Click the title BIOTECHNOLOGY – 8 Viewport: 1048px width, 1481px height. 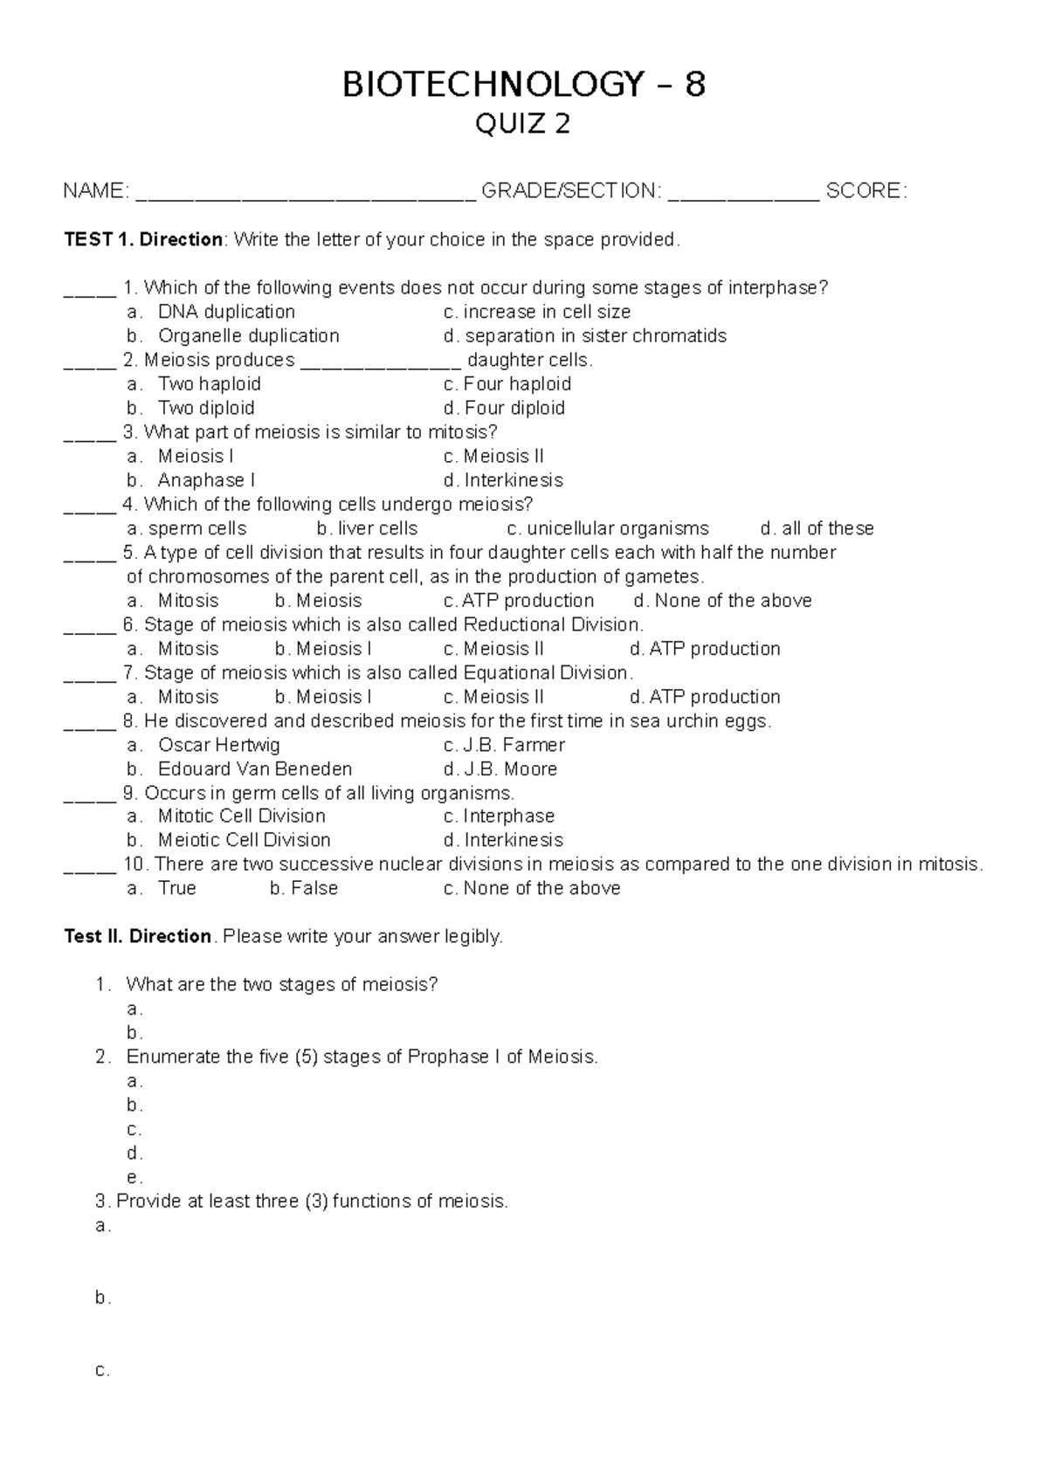523,85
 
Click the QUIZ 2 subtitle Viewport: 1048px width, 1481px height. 522,125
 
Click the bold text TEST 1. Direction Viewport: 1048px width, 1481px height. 143,239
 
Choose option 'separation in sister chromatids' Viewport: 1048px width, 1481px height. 595,336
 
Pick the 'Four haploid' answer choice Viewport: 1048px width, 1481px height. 517,384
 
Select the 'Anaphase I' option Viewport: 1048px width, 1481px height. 206,480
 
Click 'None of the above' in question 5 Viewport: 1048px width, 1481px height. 733,601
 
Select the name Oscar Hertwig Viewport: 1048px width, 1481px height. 218,745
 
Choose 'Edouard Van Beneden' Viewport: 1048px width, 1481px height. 254,769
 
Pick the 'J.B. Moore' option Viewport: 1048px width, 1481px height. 510,769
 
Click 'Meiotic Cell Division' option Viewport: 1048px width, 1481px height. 244,840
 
